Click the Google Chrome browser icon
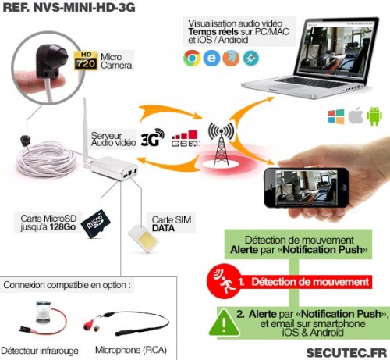click(192, 58)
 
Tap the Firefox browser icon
click(231, 58)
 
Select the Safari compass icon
click(251, 58)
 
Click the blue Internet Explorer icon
click(211, 58)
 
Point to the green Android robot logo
click(374, 116)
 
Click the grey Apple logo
click(356, 116)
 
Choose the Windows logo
click(336, 116)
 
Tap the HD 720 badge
click(86, 61)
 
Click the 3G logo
click(153, 137)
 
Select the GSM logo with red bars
click(186, 138)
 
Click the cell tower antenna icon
click(221, 144)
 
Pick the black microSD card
click(95, 223)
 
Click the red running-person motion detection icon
click(224, 281)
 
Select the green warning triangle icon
click(224, 323)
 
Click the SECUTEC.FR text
click(346, 353)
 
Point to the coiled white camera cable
click(46, 161)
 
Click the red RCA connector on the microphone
click(88, 324)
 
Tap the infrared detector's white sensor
click(44, 312)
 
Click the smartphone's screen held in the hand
click(306, 187)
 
